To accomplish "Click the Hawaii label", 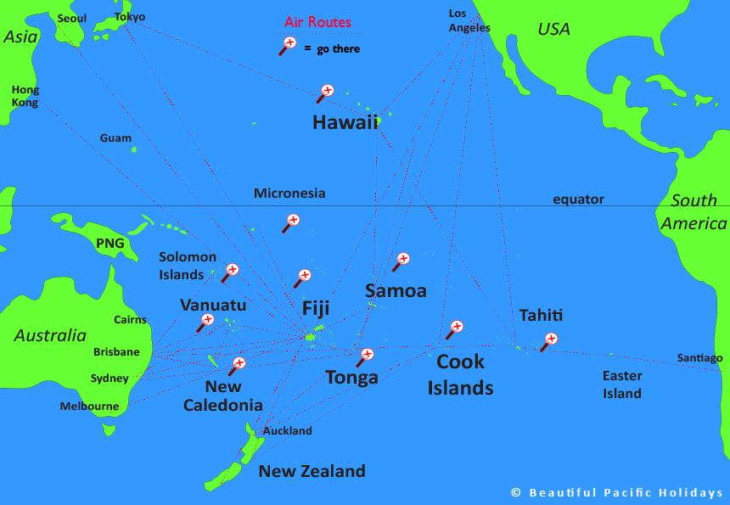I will [x=345, y=122].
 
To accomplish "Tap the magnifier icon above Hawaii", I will [x=326, y=93].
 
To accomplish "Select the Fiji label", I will [x=316, y=308].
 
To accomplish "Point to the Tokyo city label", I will [x=130, y=17].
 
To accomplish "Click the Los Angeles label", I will [x=469, y=20].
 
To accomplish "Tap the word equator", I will [x=578, y=199].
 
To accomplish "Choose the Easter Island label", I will [x=622, y=384].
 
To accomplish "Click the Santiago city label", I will [x=699, y=358].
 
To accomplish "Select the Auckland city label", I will [x=288, y=430].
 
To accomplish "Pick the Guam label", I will [x=115, y=137].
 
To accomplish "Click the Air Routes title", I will [x=317, y=22].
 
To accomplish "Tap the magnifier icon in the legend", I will [x=289, y=45].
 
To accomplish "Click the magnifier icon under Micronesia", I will [x=292, y=222].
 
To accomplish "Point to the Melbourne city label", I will [x=89, y=407].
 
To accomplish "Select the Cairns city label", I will [x=130, y=320].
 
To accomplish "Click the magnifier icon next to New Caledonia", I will [x=237, y=365].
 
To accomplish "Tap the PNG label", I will [x=109, y=244].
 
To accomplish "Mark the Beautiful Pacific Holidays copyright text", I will [x=617, y=492].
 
